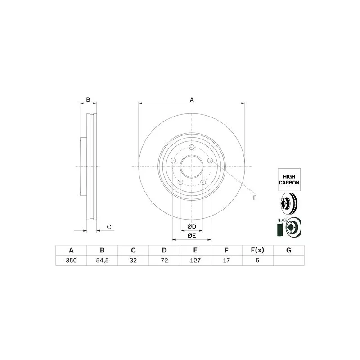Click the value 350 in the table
coord(71,261)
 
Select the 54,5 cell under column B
coord(102,261)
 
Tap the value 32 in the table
coord(133,261)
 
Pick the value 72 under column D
coord(164,261)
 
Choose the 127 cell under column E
coord(195,261)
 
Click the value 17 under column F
coord(226,261)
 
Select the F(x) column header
coord(257,250)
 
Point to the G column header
coord(289,250)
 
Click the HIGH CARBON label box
coord(289,180)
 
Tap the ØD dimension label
coord(192,227)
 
